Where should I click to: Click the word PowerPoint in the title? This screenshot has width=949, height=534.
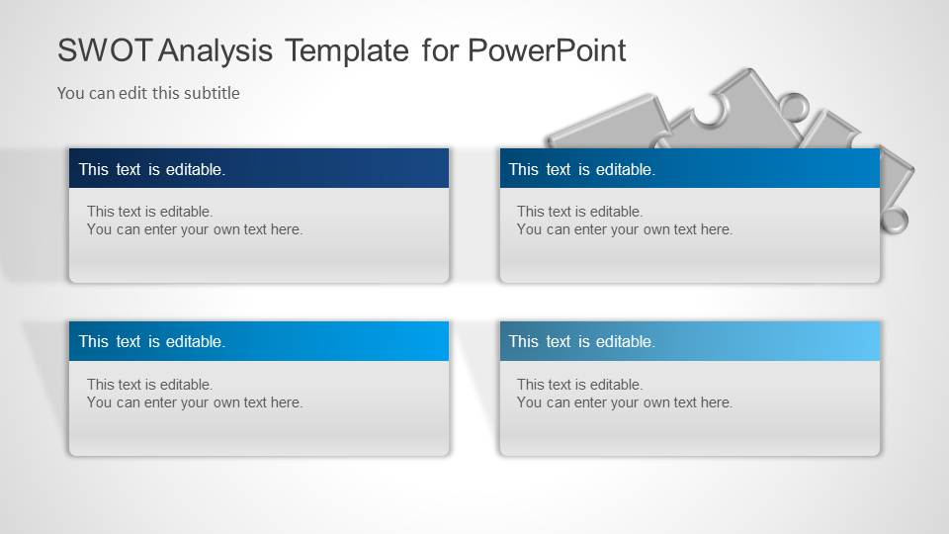[547, 50]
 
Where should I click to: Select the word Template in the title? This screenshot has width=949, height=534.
[346, 50]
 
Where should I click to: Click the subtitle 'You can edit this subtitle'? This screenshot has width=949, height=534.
[148, 93]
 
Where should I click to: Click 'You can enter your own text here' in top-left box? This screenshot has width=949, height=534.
[195, 229]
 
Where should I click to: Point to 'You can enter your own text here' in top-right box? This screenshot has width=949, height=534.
[625, 229]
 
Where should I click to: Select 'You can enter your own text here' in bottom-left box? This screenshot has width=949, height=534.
[195, 402]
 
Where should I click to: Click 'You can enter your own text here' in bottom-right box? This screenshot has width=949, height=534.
[625, 402]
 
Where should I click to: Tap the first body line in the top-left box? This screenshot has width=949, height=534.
[149, 211]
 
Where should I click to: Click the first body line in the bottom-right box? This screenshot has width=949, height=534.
[579, 385]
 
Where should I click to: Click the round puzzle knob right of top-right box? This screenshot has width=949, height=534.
[894, 222]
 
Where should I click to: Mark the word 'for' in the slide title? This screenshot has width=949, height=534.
[440, 50]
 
